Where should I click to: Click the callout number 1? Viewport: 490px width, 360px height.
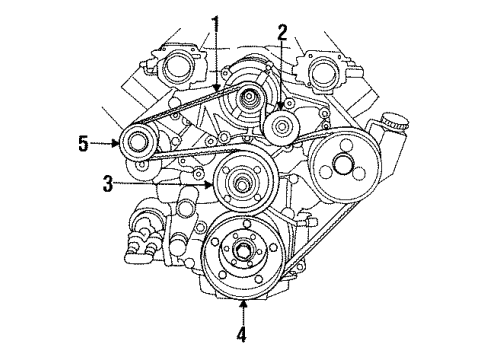[x=214, y=21]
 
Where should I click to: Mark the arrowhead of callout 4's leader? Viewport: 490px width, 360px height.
[x=242, y=297]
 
